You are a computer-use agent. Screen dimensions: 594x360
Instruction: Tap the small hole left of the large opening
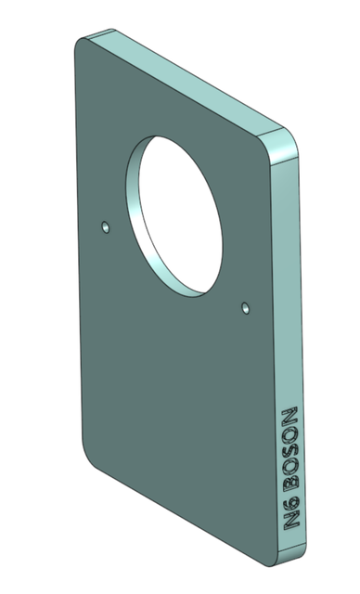point(106,226)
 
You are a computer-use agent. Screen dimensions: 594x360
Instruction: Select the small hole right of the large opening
point(245,305)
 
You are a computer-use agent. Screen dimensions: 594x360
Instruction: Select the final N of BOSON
point(288,414)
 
